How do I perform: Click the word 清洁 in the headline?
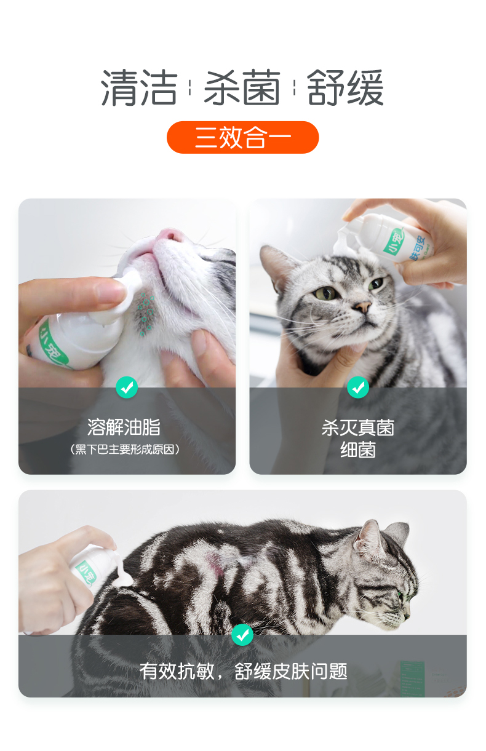click(139, 88)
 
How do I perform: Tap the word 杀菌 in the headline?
click(242, 88)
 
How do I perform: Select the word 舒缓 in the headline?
click(345, 88)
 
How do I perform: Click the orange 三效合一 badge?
click(242, 137)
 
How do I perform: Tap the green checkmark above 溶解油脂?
click(127, 387)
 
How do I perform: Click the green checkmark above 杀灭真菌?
click(358, 387)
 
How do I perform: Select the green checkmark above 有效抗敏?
click(242, 635)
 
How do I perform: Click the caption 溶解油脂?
click(124, 427)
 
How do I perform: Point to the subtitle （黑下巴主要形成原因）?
click(124, 449)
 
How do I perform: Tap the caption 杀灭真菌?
click(358, 428)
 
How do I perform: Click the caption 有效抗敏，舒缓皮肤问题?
click(244, 671)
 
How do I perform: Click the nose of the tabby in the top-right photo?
click(363, 306)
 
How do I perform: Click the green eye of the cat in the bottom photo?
click(400, 594)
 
